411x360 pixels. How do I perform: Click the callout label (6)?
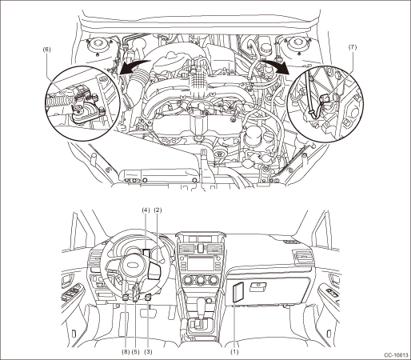click(46, 50)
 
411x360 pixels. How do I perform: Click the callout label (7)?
click(352, 47)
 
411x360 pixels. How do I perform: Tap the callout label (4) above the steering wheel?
click(146, 210)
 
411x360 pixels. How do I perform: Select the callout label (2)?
click(158, 210)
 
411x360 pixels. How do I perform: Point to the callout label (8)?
click(126, 352)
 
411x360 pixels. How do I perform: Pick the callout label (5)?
click(135, 352)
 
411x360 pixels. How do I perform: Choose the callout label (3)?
click(148, 352)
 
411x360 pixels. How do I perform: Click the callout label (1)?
click(234, 352)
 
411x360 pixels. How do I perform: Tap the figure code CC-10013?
click(396, 355)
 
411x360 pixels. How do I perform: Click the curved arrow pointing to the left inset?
click(134, 66)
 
